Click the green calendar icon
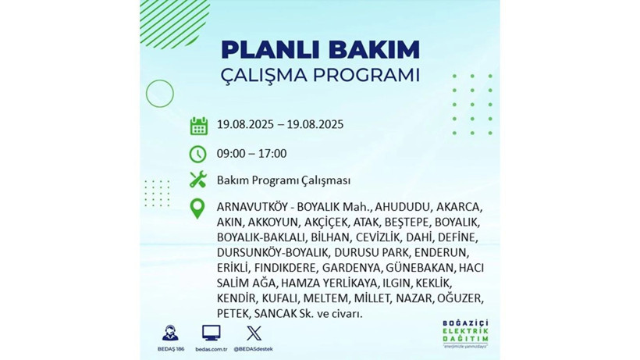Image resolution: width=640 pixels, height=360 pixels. tap(198, 125)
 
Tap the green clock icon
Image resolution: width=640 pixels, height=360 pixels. tap(198, 153)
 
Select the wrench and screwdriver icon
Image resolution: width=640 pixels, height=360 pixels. tap(198, 180)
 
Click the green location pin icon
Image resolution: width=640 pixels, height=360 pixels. tap(198, 209)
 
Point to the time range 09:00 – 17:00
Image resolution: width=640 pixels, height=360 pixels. tap(251, 154)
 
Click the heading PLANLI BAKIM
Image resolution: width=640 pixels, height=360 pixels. tap(320, 49)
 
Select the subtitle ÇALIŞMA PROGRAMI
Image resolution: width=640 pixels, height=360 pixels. tap(320, 76)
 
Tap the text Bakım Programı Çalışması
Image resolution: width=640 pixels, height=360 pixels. tap(283, 180)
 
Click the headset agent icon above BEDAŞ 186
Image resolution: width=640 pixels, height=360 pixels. tap(169, 332)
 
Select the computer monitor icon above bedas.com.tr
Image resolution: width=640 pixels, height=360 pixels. tap(211, 333)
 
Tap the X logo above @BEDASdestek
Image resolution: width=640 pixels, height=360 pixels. tap(253, 333)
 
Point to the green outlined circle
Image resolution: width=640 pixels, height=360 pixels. tap(159, 94)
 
